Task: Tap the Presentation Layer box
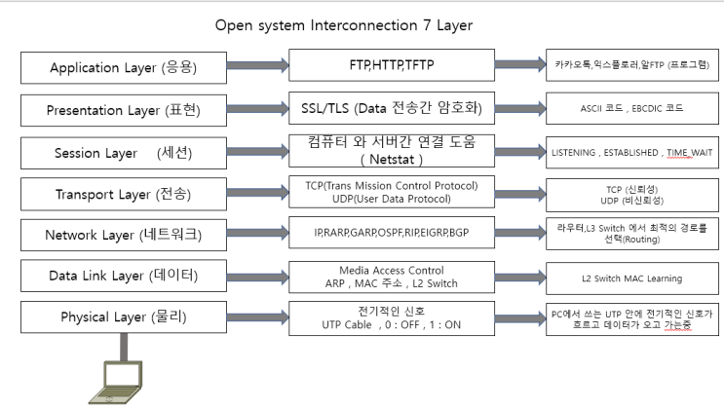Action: coord(124,110)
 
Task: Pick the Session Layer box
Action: coord(124,153)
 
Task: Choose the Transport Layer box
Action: coord(124,194)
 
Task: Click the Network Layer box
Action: coord(124,235)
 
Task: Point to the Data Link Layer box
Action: coord(124,277)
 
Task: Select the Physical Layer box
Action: coord(124,317)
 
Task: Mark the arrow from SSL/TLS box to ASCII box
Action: coord(517,107)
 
